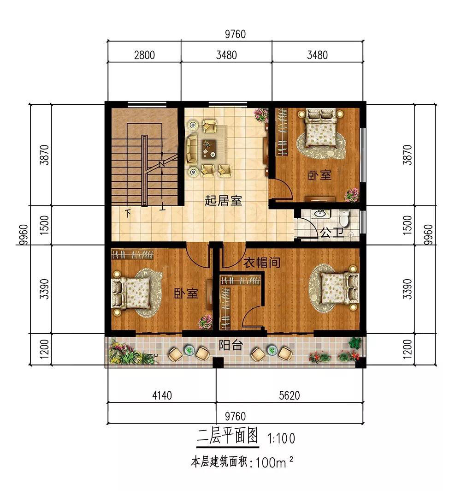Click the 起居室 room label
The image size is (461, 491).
(223, 200)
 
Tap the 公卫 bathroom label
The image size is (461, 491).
(331, 233)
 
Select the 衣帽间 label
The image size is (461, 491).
(261, 263)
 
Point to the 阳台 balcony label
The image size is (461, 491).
(231, 345)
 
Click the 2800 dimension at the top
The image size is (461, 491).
(144, 55)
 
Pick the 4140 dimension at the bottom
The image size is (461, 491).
(162, 395)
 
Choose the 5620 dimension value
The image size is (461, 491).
(290, 395)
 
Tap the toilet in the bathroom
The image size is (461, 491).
(344, 218)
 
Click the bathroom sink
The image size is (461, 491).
(320, 214)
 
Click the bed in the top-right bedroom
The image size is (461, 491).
(320, 128)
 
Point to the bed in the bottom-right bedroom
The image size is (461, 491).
(340, 288)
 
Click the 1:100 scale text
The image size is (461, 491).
(281, 438)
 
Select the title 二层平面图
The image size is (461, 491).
(227, 436)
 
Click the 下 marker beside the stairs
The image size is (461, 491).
(128, 214)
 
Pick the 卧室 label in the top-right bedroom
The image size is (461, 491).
(319, 175)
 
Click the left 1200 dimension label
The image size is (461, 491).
(44, 349)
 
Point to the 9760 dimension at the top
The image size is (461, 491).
(235, 34)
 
